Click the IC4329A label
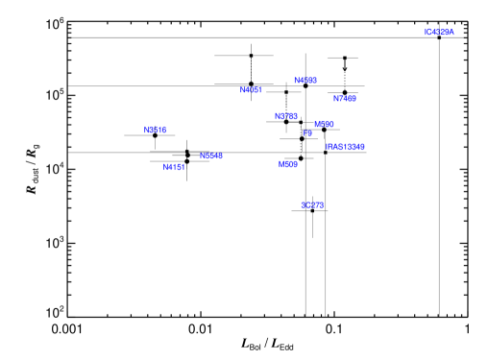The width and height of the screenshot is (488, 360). [439, 33]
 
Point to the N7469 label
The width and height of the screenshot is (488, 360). [345, 99]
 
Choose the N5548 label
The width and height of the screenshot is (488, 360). [285, 117]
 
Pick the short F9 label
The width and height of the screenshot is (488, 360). [308, 134]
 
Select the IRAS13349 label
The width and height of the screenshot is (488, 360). [345, 148]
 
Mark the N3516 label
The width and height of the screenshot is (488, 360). [156, 131]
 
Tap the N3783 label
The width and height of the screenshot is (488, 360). [211, 156]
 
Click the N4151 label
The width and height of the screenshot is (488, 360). [174, 168]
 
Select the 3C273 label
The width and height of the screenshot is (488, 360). [312, 205]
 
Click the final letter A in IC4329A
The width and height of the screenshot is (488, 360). [451, 33]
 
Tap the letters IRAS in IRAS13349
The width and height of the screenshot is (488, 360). [334, 148]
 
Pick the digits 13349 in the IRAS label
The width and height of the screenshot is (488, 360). [354, 148]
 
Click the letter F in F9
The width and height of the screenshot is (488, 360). [305, 134]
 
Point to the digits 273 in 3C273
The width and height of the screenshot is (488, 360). [317, 205]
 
